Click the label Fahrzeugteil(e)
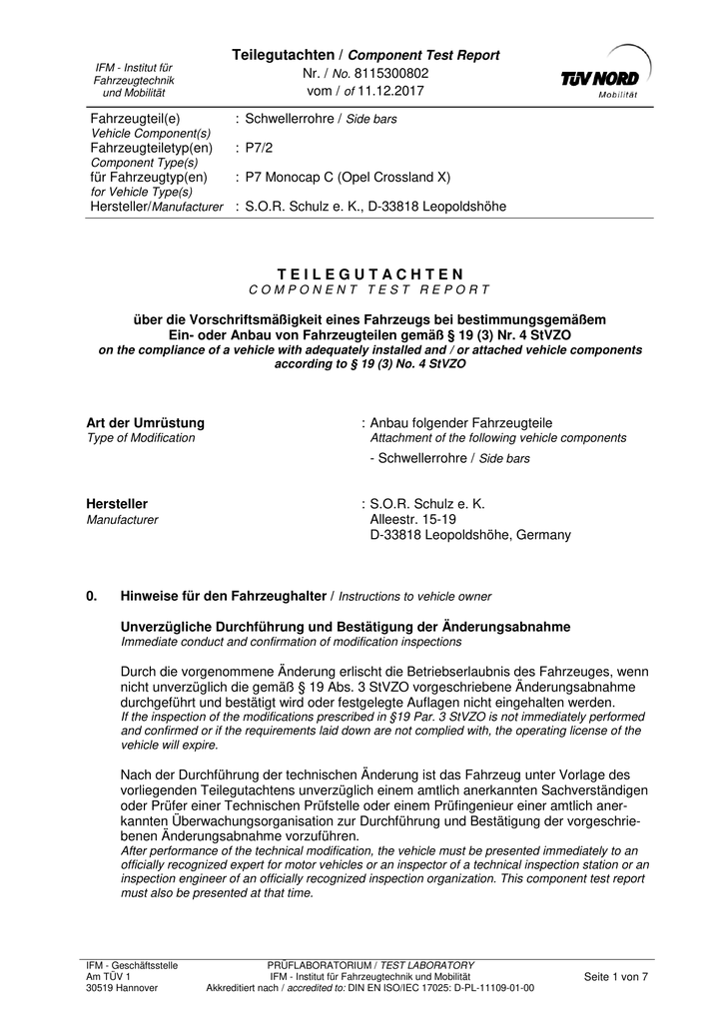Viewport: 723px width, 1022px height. point(135,119)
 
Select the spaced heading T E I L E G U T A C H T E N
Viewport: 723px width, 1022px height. point(370,273)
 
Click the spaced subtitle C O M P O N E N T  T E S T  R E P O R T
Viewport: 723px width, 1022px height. point(370,289)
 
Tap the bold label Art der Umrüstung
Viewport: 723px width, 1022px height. point(146,423)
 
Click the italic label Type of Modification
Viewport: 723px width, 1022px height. point(141,438)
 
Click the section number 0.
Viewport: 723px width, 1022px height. point(92,596)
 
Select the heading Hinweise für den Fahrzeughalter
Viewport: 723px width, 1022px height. point(224,596)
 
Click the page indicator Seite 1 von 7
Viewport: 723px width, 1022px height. point(615,977)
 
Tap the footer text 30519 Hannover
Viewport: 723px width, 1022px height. point(121,988)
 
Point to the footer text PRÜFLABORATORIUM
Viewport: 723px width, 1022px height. point(318,965)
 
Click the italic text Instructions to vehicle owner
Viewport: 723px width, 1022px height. point(415,597)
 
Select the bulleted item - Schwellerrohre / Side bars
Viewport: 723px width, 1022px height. point(449,458)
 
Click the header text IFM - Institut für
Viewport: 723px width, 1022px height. point(134,67)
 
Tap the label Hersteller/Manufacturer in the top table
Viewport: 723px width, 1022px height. point(157,207)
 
